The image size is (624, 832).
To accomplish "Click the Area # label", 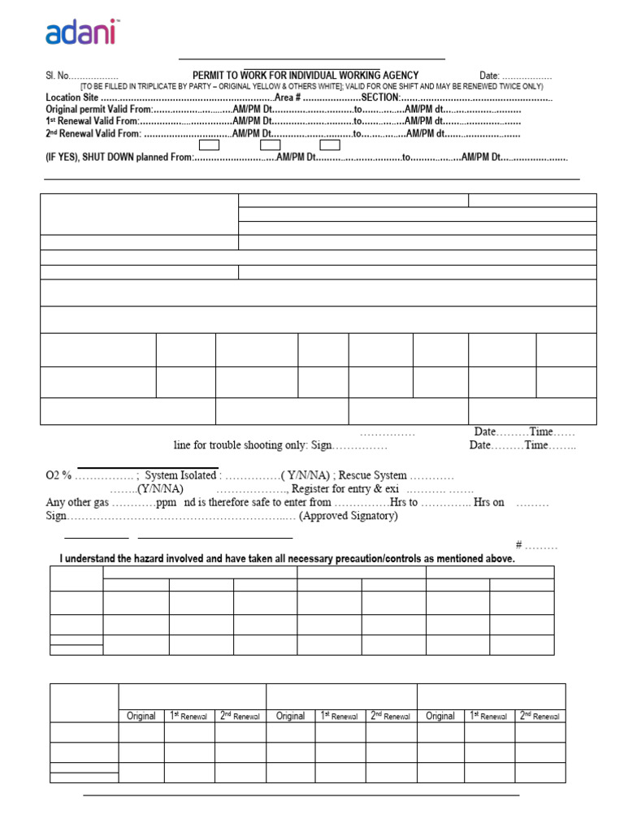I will click(288, 97).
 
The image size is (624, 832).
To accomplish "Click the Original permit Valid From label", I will click(98, 110).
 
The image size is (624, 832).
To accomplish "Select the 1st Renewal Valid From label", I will click(93, 122).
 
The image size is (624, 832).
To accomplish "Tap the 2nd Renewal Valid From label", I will click(93, 134).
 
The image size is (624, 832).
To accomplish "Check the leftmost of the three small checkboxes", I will click(210, 145).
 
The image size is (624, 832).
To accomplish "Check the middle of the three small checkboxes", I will click(270, 145).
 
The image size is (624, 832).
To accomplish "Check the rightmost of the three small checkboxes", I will click(329, 145).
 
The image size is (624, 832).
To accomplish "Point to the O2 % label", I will click(59, 475).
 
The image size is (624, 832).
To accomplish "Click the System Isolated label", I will click(180, 475).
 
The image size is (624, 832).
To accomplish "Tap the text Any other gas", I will click(78, 502).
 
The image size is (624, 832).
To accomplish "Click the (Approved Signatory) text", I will click(349, 516).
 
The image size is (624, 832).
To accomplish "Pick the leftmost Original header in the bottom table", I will click(141, 716).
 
